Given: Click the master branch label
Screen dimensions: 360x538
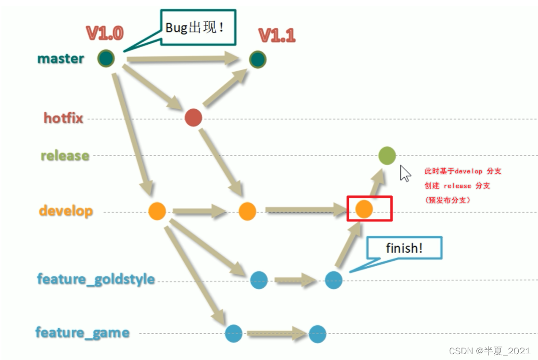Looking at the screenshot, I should click(61, 59).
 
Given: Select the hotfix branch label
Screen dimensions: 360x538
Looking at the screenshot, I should click(64, 118).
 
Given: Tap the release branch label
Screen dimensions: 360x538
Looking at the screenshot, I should click(65, 156).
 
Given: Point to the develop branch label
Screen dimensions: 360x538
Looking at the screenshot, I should click(66, 211).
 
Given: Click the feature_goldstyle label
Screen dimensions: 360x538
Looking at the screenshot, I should click(96, 279).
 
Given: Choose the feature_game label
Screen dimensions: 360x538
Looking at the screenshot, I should click(82, 333).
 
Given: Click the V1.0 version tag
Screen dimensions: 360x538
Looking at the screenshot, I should click(105, 33).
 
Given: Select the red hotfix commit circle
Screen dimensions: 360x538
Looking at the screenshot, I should click(193, 118).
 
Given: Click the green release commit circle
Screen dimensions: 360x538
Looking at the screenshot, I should click(387, 156).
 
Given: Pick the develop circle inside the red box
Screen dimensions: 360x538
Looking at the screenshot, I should click(364, 209).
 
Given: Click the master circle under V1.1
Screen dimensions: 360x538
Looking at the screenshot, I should click(257, 59).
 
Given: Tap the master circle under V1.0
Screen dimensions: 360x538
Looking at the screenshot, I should click(106, 59).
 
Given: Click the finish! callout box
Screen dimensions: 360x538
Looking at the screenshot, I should click(404, 248).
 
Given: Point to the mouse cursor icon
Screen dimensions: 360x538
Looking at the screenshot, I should click(405, 173).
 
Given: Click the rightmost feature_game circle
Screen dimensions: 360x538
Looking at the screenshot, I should click(318, 334).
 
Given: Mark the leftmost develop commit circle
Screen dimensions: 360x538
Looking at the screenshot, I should click(157, 211).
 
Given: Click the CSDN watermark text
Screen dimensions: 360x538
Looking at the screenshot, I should click(489, 351).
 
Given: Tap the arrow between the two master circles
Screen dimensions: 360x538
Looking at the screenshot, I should click(183, 59).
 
